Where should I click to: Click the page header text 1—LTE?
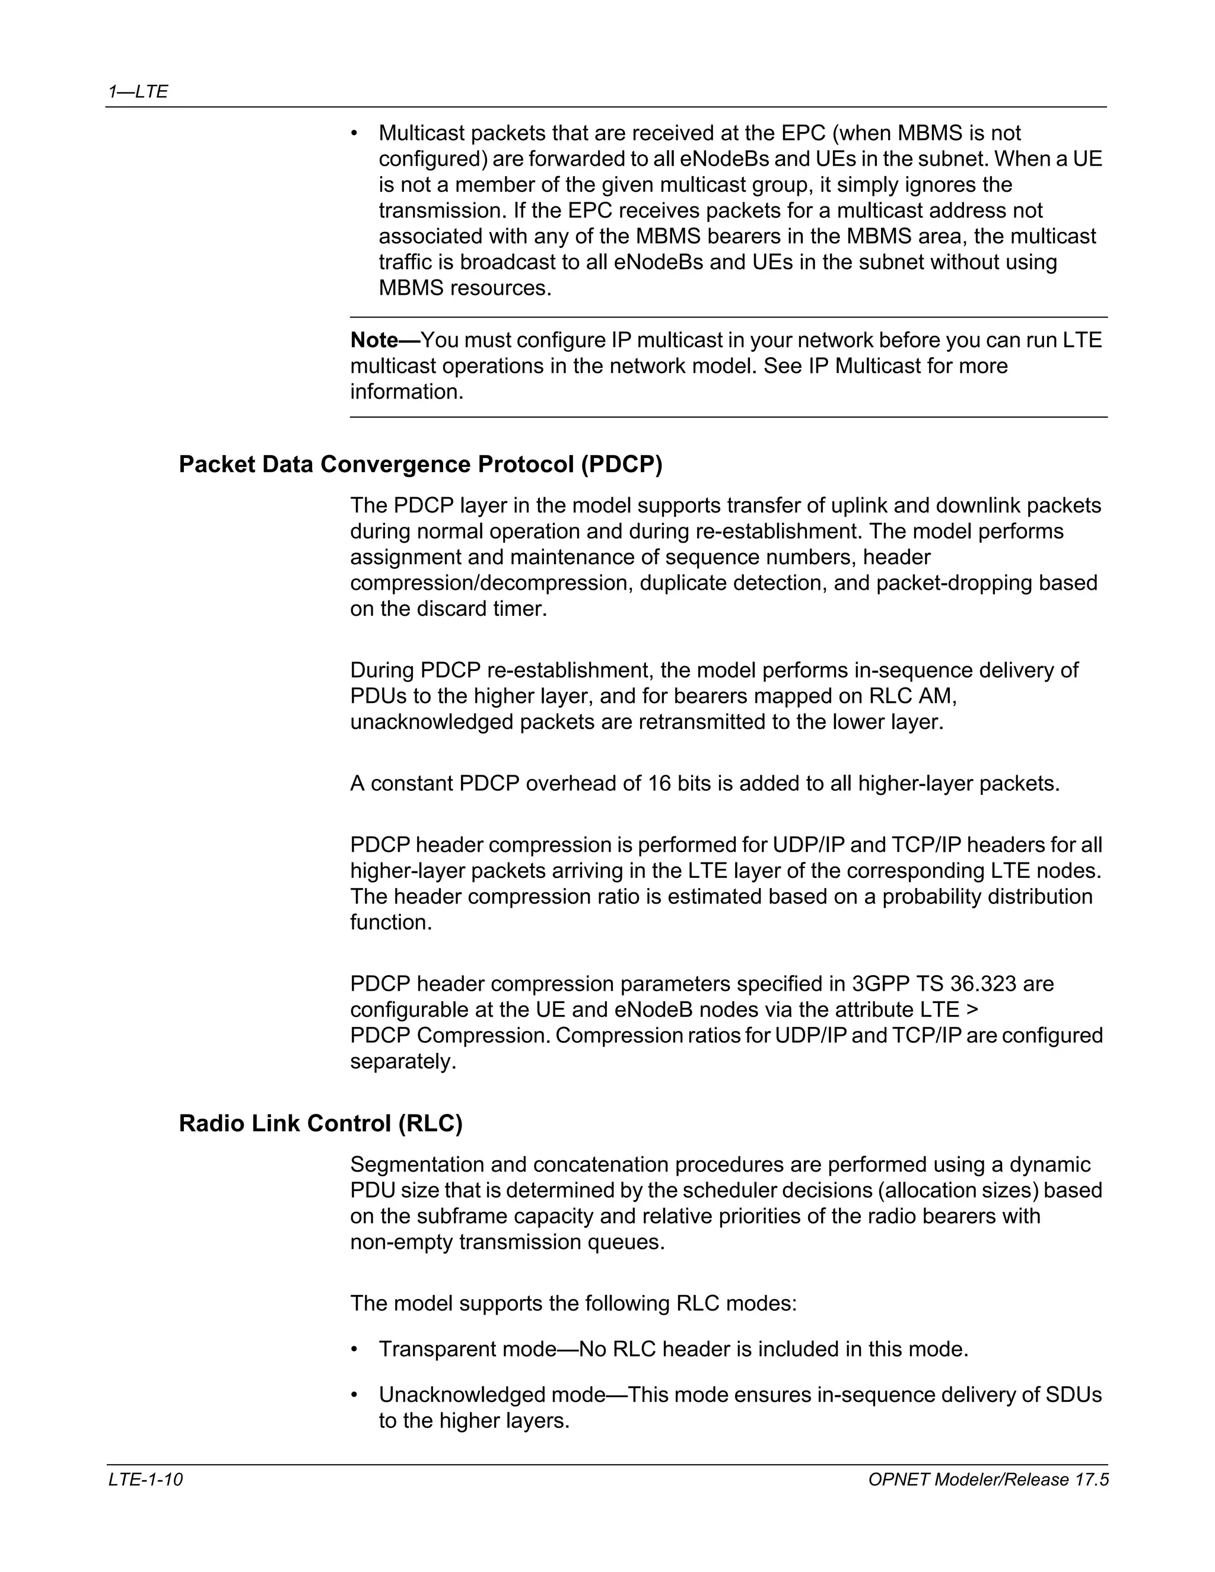(138, 91)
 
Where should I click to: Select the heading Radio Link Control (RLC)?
(320, 1123)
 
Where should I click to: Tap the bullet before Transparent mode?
(354, 1349)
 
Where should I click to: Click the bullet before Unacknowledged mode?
(354, 1395)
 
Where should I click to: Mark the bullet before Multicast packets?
(354, 133)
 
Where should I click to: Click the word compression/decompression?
(492, 583)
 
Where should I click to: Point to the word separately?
(403, 1061)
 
